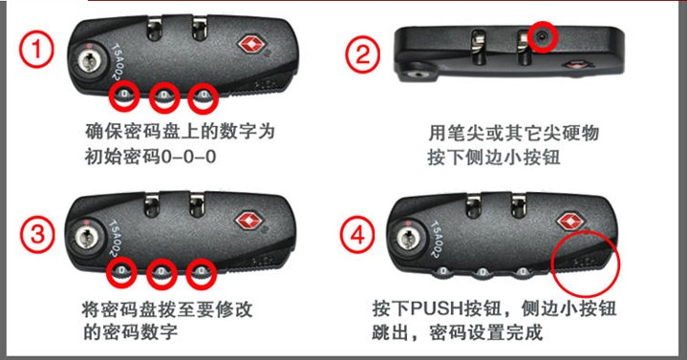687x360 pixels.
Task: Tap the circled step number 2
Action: [363, 55]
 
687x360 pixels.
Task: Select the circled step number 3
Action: [37, 234]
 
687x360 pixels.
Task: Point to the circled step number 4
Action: [358, 236]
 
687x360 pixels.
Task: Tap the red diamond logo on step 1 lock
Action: [252, 46]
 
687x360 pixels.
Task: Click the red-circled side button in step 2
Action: [543, 37]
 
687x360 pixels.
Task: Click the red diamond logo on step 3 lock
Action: [249, 222]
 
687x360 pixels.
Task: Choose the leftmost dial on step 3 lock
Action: [121, 271]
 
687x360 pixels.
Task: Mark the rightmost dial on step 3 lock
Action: [201, 272]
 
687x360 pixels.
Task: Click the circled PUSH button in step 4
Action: [586, 262]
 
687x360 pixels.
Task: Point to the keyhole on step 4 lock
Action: [407, 239]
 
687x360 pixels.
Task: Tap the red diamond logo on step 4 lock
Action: [570, 222]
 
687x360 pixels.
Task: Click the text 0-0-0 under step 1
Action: [188, 157]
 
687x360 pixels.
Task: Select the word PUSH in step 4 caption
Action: [438, 308]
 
